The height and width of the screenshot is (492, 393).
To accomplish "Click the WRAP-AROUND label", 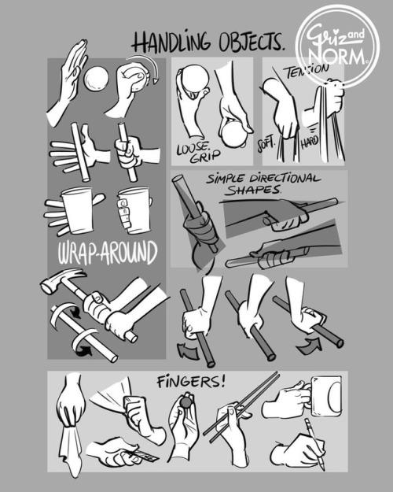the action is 108,253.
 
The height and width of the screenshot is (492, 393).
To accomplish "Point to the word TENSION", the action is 307,72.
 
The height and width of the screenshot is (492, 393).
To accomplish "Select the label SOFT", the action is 266,144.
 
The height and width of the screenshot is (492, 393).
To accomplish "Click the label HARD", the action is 310,142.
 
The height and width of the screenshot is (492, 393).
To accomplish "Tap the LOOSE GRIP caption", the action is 197,153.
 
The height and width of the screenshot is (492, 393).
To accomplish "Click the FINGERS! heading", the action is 191,382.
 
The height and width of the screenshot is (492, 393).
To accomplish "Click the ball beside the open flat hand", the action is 96,79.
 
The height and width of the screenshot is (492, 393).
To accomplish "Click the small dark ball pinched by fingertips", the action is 185,402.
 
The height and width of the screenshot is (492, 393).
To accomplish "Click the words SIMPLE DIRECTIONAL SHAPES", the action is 263,184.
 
